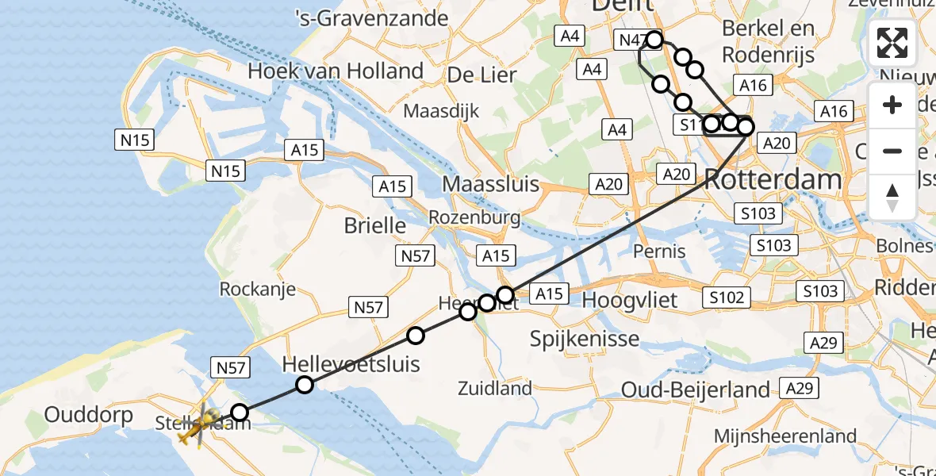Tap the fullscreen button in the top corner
pyautogui.click(x=892, y=43)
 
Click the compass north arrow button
pyautogui.click(x=892, y=198)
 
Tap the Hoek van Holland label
pyautogui.click(x=335, y=71)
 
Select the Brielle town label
pyautogui.click(x=375, y=225)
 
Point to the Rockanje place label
pyautogui.click(x=259, y=289)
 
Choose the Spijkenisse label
pyautogui.click(x=585, y=340)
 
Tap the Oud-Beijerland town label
pyautogui.click(x=696, y=390)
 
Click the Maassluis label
pyautogui.click(x=490, y=185)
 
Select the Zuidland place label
pyautogui.click(x=495, y=389)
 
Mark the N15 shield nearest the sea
pyautogui.click(x=135, y=140)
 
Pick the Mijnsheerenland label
pyautogui.click(x=785, y=436)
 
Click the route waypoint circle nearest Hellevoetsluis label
pyautogui.click(x=305, y=386)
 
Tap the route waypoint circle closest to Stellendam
pyautogui.click(x=239, y=412)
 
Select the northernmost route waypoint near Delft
pyautogui.click(x=654, y=39)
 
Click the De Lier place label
pyautogui.click(x=482, y=75)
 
